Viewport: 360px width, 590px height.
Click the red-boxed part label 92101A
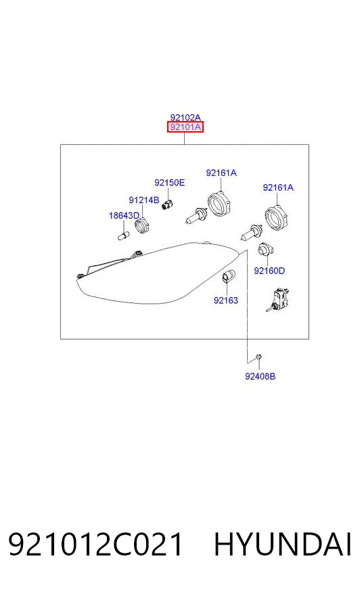pyautogui.click(x=185, y=127)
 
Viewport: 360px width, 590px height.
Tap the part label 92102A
pyautogui.click(x=185, y=118)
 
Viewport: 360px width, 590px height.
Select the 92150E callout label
pyautogui.click(x=169, y=183)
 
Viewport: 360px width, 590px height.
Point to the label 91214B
pyautogui.click(x=143, y=200)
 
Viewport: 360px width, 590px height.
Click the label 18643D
pyautogui.click(x=124, y=216)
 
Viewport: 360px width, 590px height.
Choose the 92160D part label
pyautogui.click(x=269, y=271)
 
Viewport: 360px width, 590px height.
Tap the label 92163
pyautogui.click(x=226, y=300)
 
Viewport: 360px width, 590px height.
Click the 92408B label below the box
pyautogui.click(x=260, y=376)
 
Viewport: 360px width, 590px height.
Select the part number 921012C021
pyautogui.click(x=95, y=544)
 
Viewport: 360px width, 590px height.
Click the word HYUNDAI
pyautogui.click(x=282, y=544)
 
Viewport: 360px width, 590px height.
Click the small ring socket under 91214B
pyautogui.click(x=142, y=225)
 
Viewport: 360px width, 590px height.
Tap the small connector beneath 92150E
pyautogui.click(x=167, y=205)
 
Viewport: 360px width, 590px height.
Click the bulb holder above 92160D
pyautogui.click(x=265, y=249)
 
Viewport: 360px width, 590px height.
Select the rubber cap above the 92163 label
pyautogui.click(x=228, y=276)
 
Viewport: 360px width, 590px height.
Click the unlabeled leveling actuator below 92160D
pyautogui.click(x=277, y=300)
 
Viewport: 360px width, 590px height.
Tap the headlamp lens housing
pyautogui.click(x=157, y=273)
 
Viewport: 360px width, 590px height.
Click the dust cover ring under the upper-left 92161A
pyautogui.click(x=219, y=204)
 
